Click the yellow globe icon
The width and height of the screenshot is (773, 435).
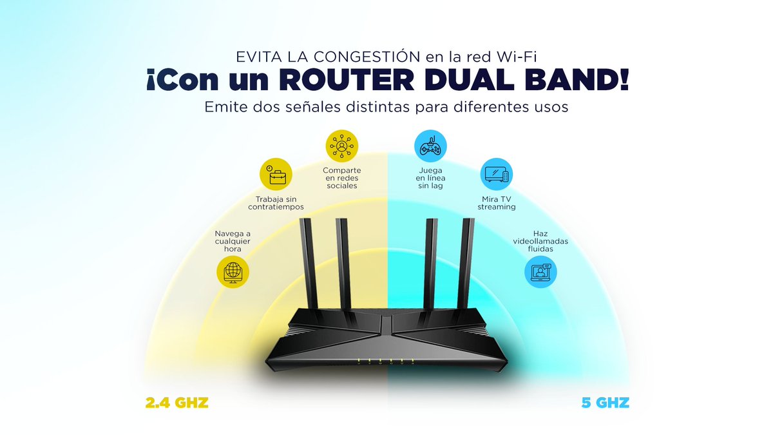(x=233, y=271)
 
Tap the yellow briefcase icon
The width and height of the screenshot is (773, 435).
(x=276, y=175)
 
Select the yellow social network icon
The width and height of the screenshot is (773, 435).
(x=341, y=147)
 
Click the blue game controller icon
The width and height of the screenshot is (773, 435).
(x=430, y=147)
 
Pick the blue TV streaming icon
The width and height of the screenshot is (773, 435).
(x=497, y=175)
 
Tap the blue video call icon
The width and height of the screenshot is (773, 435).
(x=540, y=271)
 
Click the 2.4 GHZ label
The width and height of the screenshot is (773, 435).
(x=177, y=404)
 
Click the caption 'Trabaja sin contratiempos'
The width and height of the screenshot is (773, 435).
(x=276, y=202)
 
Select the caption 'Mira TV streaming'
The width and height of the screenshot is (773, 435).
(x=497, y=202)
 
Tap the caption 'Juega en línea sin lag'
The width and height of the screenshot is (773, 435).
(x=430, y=177)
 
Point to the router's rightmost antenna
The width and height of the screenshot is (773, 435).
(x=468, y=264)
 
